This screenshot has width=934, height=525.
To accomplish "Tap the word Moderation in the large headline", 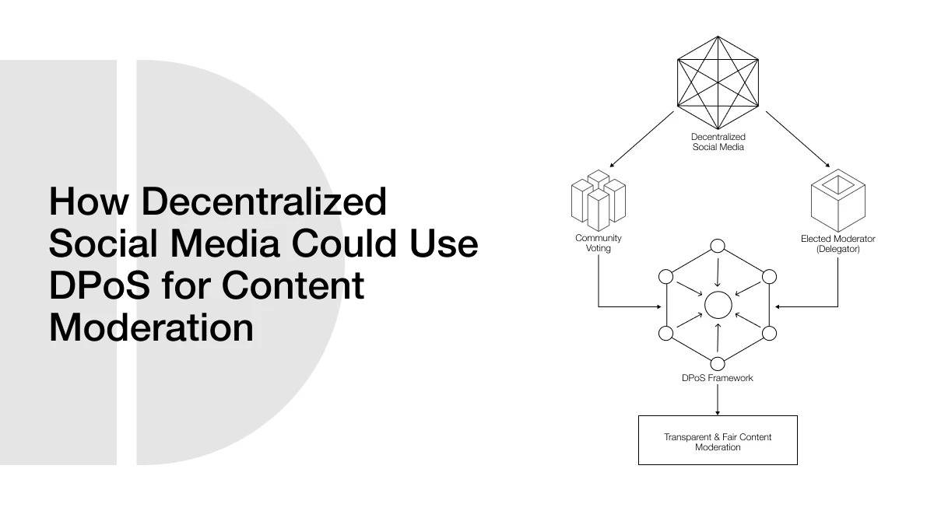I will point(151,327).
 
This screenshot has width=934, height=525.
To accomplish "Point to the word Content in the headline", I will point(293,286).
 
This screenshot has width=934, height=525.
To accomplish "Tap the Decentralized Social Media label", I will point(718,142).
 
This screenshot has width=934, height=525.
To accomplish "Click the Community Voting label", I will point(599,243).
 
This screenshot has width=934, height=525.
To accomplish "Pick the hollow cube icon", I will point(837,201).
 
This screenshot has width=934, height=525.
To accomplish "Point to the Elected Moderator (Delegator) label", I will point(837,243).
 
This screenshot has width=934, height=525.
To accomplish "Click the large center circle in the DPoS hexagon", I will point(718,305).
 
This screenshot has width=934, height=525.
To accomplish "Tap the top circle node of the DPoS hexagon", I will point(718,247).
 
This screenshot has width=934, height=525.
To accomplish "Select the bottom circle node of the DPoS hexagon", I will point(718,362).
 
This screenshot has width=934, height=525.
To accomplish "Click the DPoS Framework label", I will point(718,378).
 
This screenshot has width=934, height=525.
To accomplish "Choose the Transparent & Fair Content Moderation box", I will point(718,441).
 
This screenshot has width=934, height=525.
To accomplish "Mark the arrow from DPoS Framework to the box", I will point(718,400).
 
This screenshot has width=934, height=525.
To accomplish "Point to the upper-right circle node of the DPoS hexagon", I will point(769,276).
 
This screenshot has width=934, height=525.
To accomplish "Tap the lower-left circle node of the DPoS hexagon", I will point(665,334).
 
